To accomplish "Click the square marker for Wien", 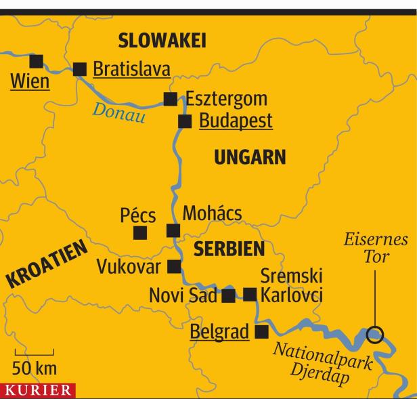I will click(36, 60).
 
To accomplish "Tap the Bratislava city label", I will click(131, 68).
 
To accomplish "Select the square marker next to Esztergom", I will click(171, 99).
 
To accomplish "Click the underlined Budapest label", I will click(235, 121).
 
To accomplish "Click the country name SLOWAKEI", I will click(162, 41).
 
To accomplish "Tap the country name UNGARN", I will click(250, 158).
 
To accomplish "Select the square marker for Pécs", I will click(140, 233).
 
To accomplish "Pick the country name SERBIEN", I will click(229, 249).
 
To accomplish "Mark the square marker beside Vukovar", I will click(174, 266).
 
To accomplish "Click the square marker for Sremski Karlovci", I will click(250, 294).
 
